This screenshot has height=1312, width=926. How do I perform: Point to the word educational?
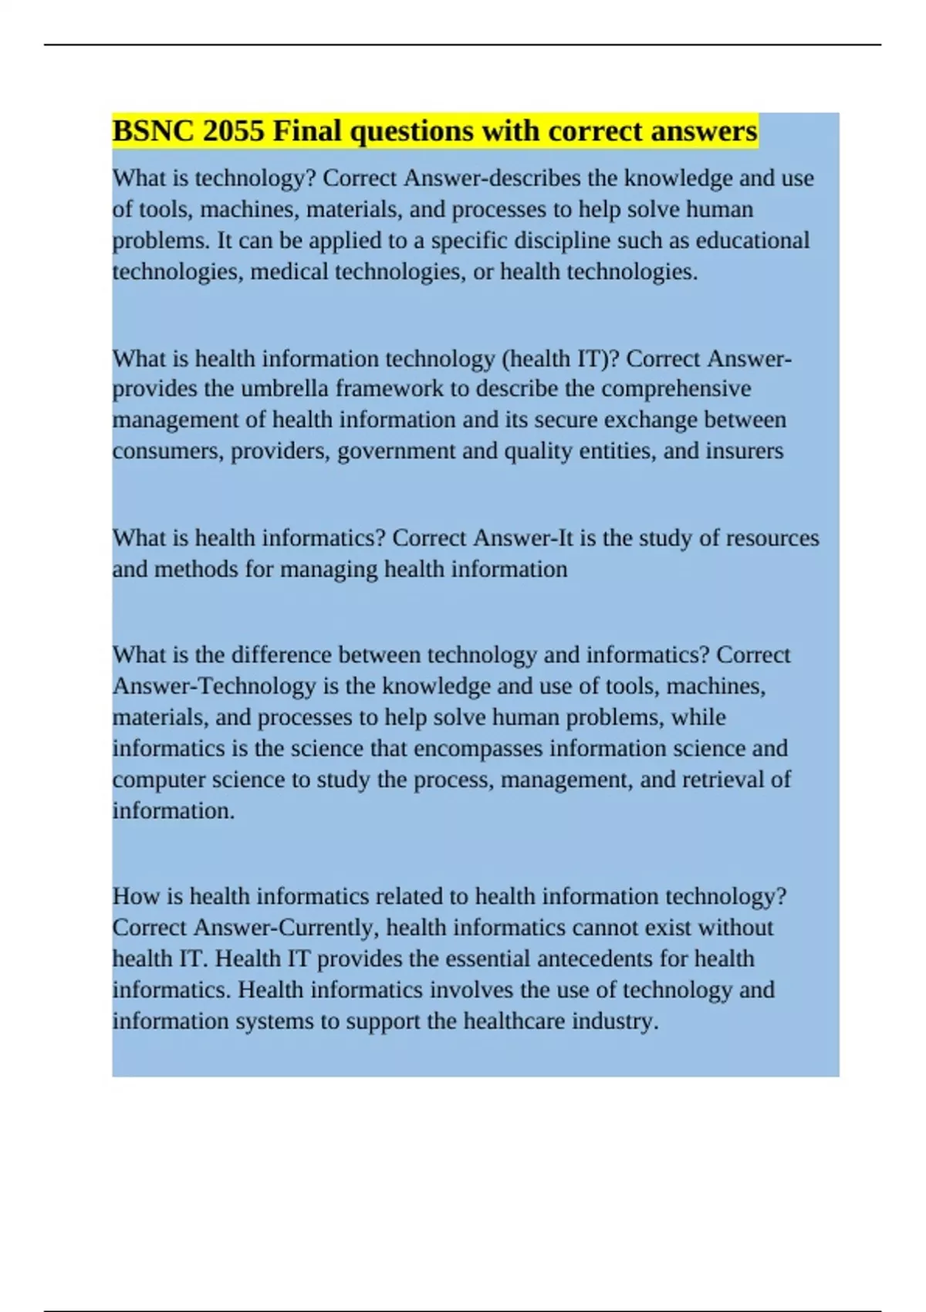coord(752,241)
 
